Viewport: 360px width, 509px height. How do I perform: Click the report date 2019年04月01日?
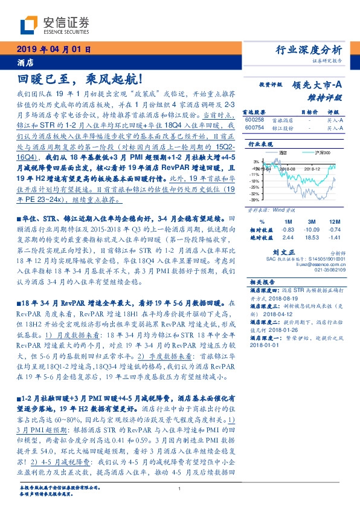point(53,49)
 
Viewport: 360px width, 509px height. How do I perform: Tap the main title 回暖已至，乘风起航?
point(79,79)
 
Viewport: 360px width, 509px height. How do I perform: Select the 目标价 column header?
point(308,112)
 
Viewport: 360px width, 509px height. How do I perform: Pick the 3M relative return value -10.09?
point(313,230)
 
